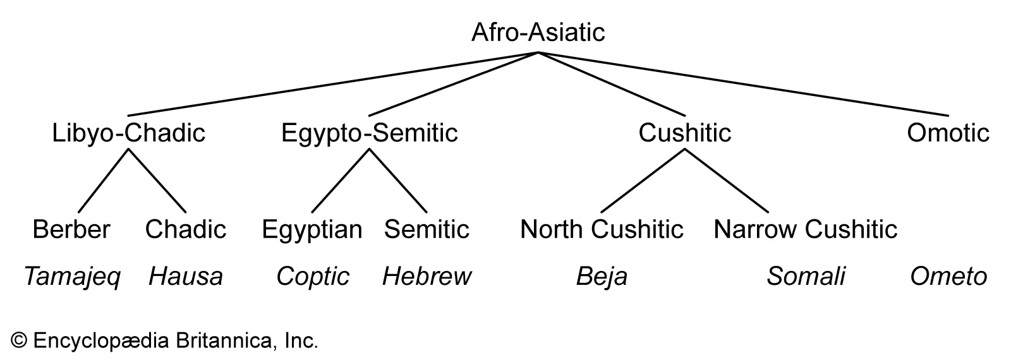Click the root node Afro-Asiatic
point(538,32)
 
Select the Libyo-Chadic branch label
point(129,133)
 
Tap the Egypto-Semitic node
point(369,133)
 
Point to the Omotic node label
point(948,133)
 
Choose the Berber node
point(71,229)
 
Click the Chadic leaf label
point(186,229)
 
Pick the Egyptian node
point(312,229)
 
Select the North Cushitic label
point(602,229)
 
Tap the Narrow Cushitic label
point(806,229)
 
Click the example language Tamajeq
point(71,277)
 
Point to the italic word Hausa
point(186,277)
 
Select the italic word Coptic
point(313,277)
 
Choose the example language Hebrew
point(427,277)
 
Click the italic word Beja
point(602,277)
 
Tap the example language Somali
point(806,277)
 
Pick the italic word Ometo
point(948,277)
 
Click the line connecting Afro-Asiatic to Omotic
point(743,84)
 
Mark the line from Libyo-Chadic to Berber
point(103,181)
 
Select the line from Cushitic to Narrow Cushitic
point(727,181)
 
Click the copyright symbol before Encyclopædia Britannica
point(20,342)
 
